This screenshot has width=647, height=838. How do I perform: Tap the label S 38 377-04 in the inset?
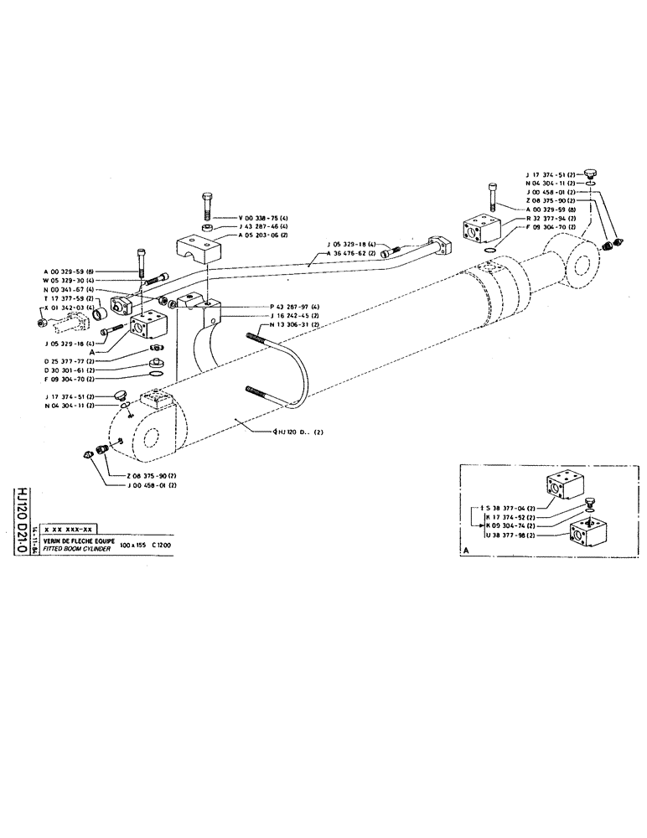[x=512, y=508]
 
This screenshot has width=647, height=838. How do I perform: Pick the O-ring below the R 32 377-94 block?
[x=491, y=247]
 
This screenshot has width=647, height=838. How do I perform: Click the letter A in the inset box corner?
[x=465, y=551]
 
